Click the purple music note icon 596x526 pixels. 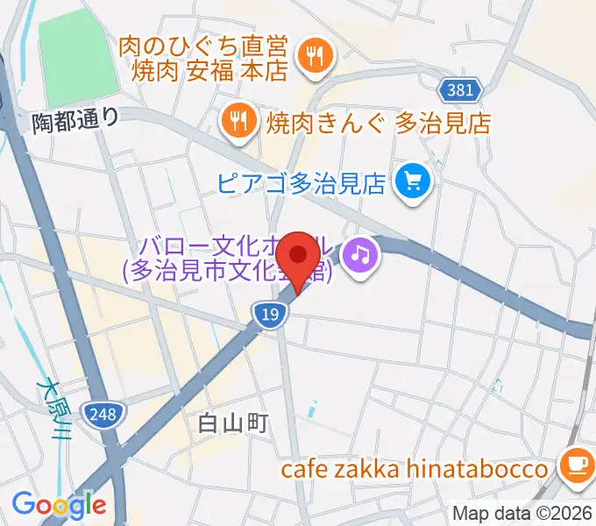tap(360, 254)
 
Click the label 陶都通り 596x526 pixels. tap(74, 119)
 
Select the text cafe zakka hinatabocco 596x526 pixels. tap(414, 469)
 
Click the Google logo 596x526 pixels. tap(59, 504)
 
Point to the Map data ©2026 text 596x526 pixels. tap(522, 513)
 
